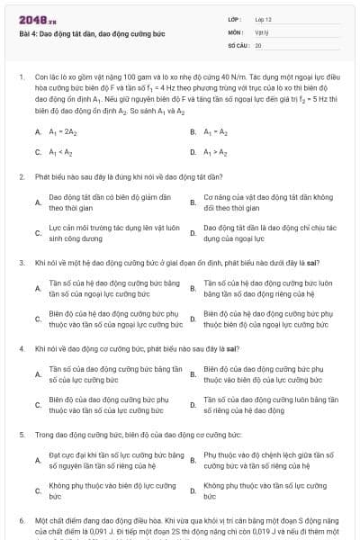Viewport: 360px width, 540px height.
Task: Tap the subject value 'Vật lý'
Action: [x=262, y=31]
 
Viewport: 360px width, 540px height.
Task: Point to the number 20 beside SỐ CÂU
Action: [x=258, y=44]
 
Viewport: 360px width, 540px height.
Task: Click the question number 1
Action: [x=20, y=78]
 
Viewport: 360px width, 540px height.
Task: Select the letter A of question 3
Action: [x=38, y=288]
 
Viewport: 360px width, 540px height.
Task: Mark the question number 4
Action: [x=20, y=347]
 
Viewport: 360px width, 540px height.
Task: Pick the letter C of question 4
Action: [x=38, y=405]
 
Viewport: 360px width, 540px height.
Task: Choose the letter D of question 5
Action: [x=193, y=491]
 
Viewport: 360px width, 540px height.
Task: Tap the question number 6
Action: [x=20, y=520]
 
